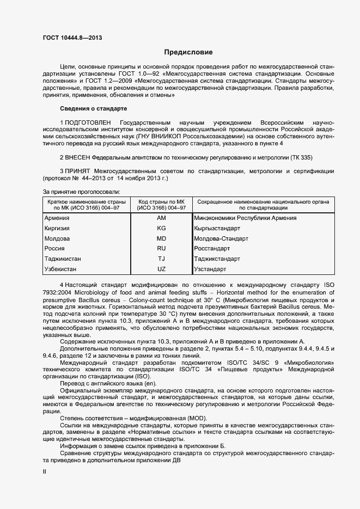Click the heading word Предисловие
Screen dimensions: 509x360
(x=189, y=52)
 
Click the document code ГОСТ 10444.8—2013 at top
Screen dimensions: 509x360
(x=72, y=38)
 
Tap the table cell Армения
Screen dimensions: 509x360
(x=57, y=218)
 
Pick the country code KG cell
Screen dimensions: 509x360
(x=161, y=229)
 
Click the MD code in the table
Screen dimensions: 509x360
(x=161, y=239)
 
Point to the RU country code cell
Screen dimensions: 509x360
(x=161, y=249)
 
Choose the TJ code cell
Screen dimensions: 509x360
(x=161, y=259)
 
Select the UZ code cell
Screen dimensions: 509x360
(x=161, y=269)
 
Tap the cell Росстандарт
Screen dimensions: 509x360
(x=212, y=249)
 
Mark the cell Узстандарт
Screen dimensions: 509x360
(x=210, y=269)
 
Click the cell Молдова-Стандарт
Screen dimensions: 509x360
(x=221, y=239)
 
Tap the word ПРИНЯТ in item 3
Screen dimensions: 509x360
(x=76, y=171)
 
